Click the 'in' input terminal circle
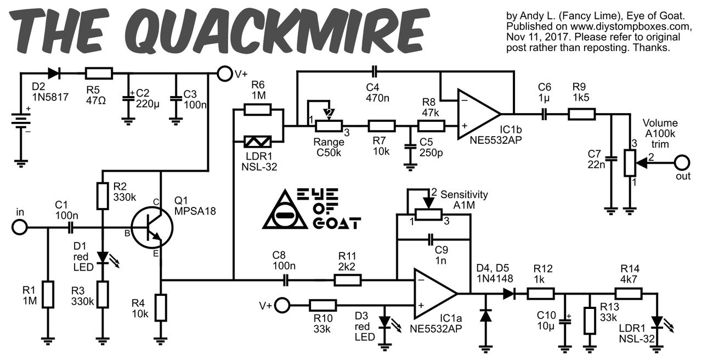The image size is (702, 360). click(x=20, y=227)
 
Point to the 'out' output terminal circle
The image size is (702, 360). click(x=682, y=162)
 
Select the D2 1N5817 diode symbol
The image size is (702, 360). click(x=54, y=73)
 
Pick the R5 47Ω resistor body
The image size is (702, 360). click(x=99, y=73)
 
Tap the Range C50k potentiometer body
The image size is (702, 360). click(x=329, y=126)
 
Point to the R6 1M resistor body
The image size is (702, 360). click(x=257, y=110)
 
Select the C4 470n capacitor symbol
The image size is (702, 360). click(x=373, y=71)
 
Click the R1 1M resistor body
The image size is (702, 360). click(x=48, y=295)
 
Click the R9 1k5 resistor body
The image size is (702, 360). click(x=581, y=114)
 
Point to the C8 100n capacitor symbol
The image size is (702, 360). click(x=285, y=280)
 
